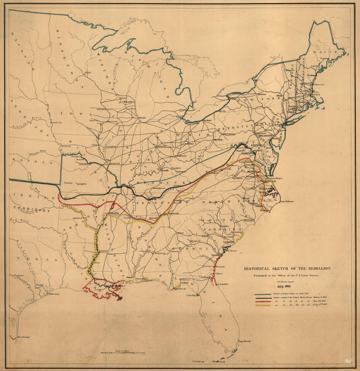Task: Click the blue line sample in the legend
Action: coord(263,294)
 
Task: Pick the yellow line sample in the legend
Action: coord(263,305)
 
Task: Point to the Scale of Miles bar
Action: coord(122,353)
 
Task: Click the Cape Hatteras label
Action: coord(287,201)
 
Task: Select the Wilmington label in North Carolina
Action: coord(249,221)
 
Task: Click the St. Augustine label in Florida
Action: coord(223,284)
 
